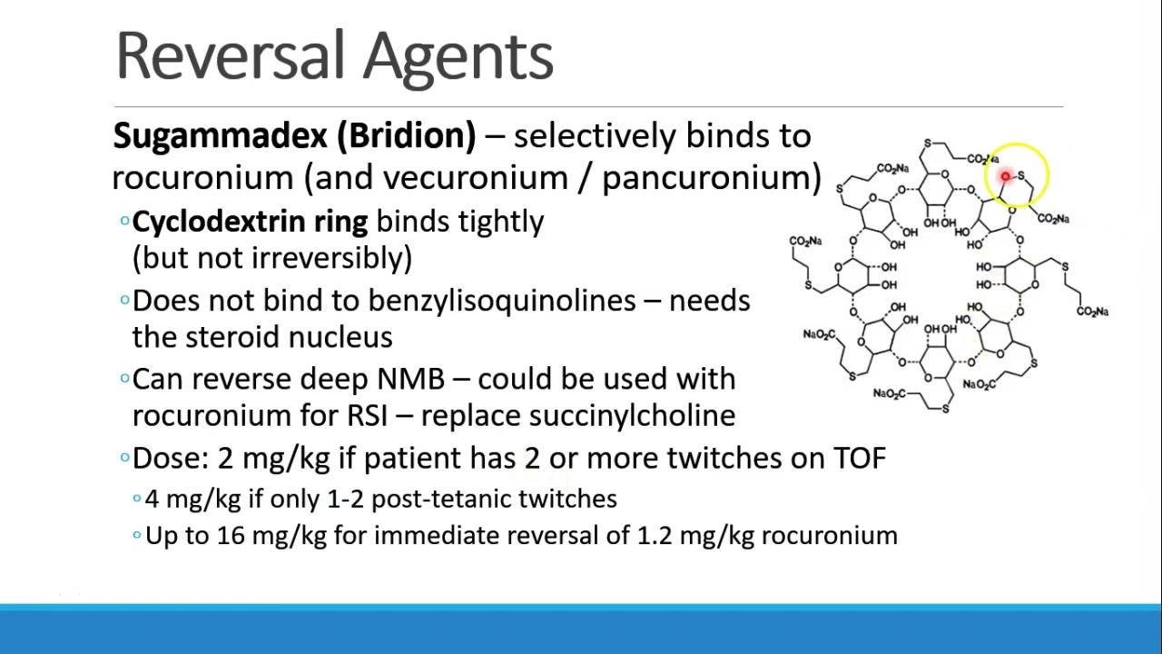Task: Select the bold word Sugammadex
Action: point(219,136)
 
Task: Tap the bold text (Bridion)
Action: point(406,136)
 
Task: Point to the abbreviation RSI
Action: point(367,415)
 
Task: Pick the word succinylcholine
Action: point(632,415)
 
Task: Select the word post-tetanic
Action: point(441,499)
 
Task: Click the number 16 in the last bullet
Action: point(231,535)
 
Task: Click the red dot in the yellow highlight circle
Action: point(1006,176)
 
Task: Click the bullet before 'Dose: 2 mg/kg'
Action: point(124,458)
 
